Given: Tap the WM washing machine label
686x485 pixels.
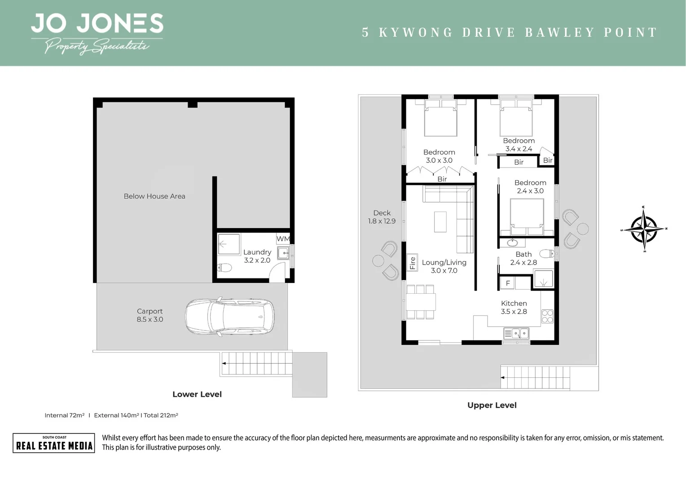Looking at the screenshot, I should click(x=283, y=239).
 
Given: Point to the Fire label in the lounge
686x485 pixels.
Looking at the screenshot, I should click(x=413, y=263).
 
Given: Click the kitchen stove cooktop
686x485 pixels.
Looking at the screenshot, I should click(x=547, y=316).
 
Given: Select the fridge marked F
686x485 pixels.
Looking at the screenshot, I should click(x=508, y=283).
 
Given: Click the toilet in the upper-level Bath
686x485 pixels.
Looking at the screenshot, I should click(x=547, y=254).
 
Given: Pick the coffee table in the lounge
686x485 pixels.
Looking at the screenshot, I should click(x=440, y=221).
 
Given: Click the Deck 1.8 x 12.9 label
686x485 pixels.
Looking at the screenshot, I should click(x=382, y=217).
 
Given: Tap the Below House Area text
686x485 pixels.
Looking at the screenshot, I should click(x=154, y=196).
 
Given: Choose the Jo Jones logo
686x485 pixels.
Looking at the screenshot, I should click(x=97, y=33).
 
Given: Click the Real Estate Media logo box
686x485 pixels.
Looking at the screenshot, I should click(x=54, y=443).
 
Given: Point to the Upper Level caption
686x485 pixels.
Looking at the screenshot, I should click(x=492, y=406).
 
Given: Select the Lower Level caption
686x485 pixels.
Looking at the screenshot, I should click(x=197, y=394).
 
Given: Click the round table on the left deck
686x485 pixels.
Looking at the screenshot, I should click(x=378, y=260).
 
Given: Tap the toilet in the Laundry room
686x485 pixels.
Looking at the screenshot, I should click(x=224, y=268).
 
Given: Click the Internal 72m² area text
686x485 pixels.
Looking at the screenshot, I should click(x=64, y=415).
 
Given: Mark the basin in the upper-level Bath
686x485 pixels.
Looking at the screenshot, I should click(x=512, y=243).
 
